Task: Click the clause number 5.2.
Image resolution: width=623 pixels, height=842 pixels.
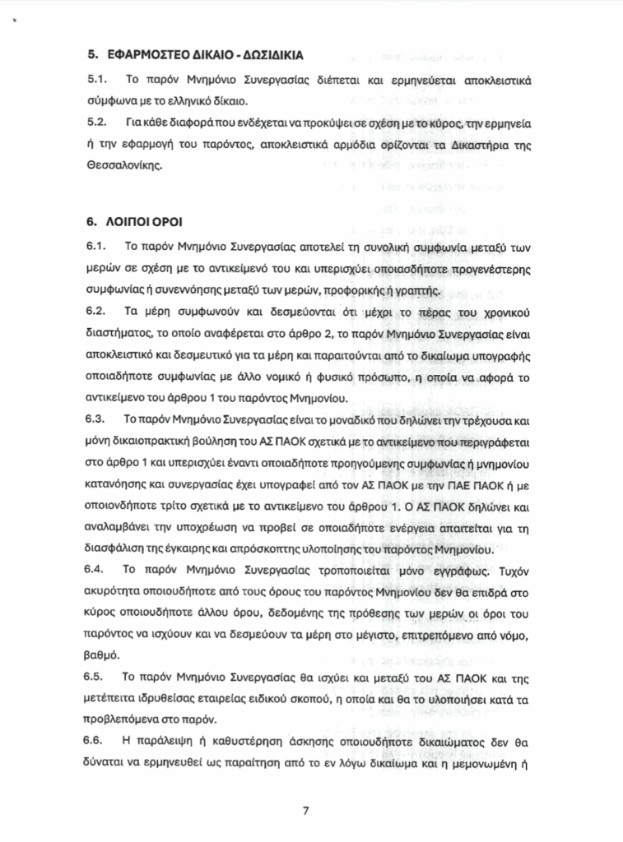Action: click(x=97, y=123)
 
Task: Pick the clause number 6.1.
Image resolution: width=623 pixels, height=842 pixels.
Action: click(x=97, y=248)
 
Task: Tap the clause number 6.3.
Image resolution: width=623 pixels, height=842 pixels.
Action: click(x=97, y=419)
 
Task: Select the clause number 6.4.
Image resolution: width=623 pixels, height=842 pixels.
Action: click(x=97, y=568)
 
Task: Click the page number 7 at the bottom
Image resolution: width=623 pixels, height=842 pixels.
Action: click(x=306, y=811)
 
